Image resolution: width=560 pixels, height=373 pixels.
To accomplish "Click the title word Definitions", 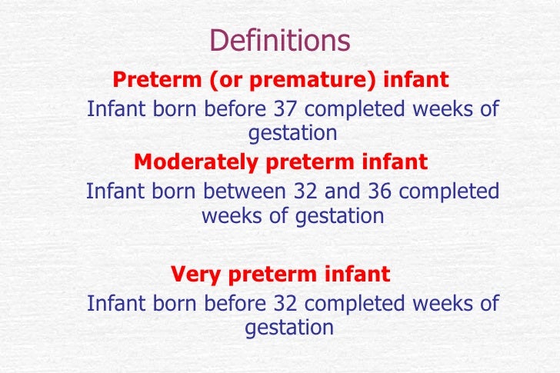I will point(279,40).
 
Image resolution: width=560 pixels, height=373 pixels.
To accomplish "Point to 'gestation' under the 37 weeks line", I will point(292,134).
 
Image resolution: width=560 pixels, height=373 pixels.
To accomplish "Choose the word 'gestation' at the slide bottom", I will point(289,328).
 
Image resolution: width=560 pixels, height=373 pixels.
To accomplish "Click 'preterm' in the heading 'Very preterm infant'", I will point(270,275).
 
